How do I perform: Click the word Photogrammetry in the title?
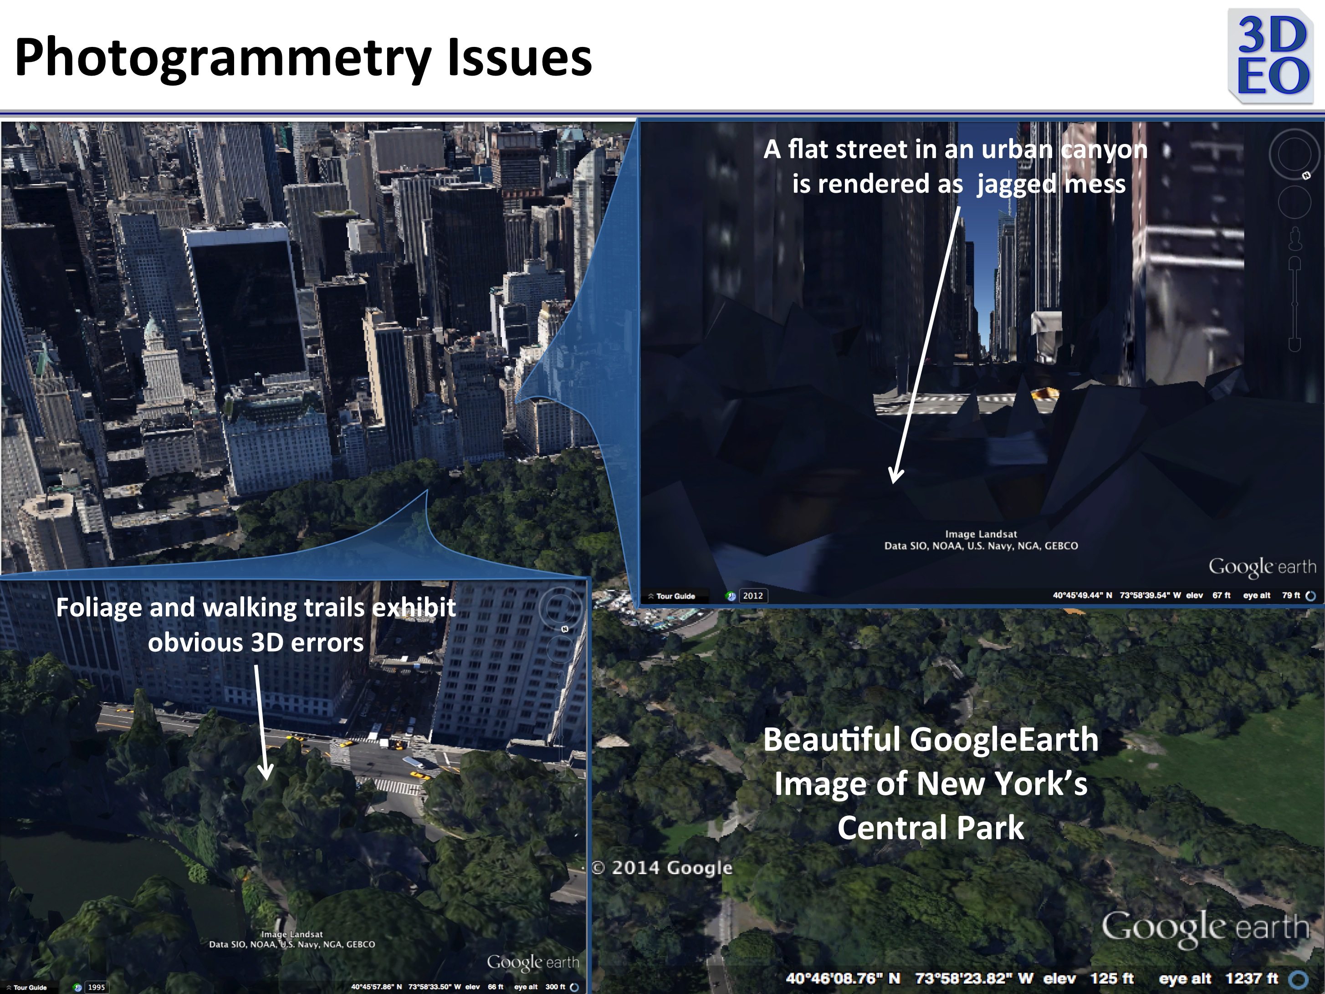pos(222,57)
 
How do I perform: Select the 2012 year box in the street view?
pos(753,595)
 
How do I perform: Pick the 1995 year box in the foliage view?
pos(96,987)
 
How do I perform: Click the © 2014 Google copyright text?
pos(662,867)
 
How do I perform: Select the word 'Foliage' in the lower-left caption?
pos(99,608)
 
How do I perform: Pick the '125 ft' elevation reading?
pos(1112,979)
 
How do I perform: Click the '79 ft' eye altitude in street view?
pos(1291,595)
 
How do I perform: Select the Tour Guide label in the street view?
pos(675,596)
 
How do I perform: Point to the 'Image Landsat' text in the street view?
pos(981,534)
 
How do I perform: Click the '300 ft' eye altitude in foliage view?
pos(555,987)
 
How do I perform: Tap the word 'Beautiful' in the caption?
pos(833,739)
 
